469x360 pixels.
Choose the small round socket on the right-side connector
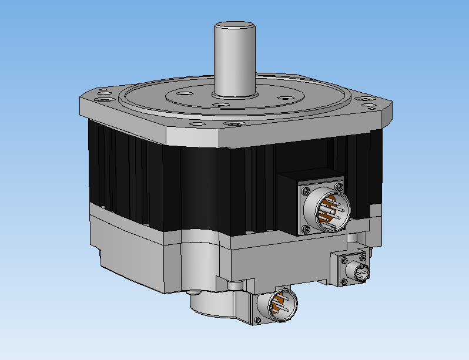pyautogui.click(x=361, y=271)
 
